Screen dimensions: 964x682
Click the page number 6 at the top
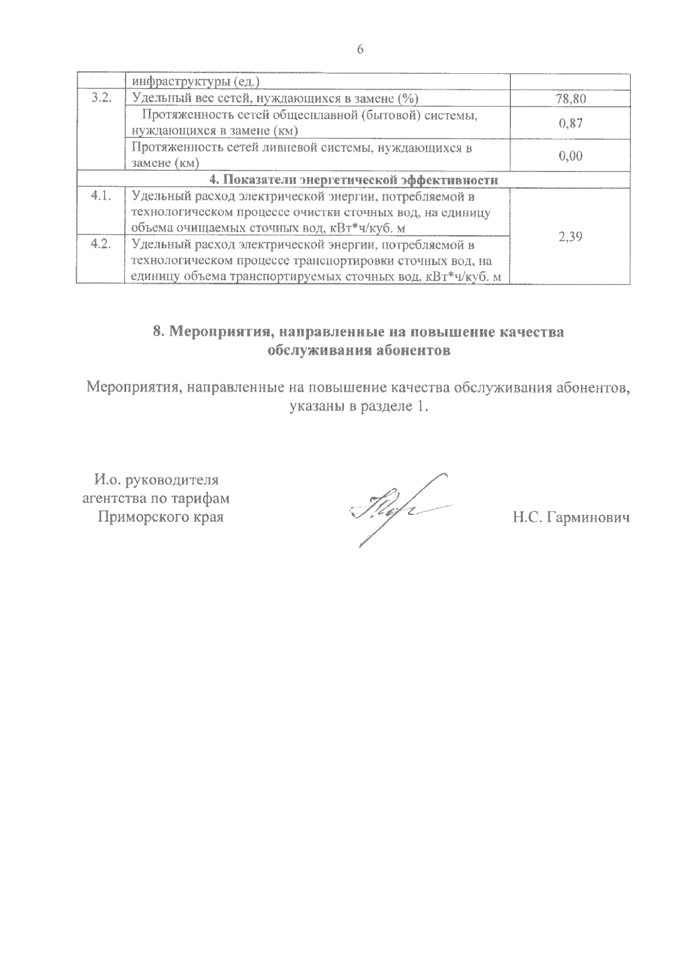[360, 50]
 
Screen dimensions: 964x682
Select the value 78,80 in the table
[570, 99]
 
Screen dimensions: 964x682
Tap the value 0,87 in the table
[570, 123]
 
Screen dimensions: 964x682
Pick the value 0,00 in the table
[570, 156]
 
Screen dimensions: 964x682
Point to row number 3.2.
[101, 98]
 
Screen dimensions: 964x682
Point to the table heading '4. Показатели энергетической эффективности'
[354, 180]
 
